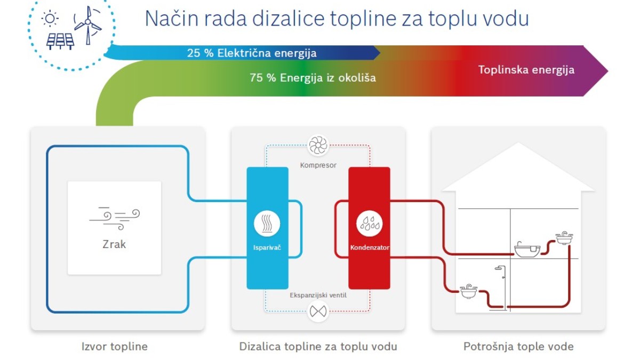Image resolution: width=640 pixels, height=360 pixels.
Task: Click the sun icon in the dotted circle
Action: pos(50,19)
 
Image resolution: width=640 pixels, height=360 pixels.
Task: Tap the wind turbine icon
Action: pos(88,25)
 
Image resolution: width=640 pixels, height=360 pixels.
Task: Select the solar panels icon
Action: pos(60,42)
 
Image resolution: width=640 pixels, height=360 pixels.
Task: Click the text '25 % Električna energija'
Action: pos(252,53)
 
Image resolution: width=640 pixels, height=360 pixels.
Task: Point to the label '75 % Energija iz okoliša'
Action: pos(313,78)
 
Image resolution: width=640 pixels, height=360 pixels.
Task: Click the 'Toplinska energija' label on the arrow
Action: pos(526,70)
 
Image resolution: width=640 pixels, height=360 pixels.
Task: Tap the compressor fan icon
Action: pos(318,146)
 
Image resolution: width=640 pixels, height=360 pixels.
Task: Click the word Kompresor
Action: pos(318,165)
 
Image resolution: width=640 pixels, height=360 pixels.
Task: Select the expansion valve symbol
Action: pos(318,311)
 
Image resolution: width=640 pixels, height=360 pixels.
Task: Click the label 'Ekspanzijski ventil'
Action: pos(318,295)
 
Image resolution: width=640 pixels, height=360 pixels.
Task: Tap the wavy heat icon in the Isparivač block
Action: pos(267,223)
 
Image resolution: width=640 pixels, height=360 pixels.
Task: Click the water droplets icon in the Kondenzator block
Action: pos(370,223)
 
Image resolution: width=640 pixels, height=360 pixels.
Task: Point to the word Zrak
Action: pos(114,244)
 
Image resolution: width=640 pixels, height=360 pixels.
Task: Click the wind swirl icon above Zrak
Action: pos(115,219)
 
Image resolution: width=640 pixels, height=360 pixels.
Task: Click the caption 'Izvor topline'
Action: pos(115,347)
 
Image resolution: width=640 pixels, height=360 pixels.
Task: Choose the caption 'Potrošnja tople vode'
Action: pos(518,347)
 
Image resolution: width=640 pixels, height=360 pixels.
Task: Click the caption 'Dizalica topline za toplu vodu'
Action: pos(318,347)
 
